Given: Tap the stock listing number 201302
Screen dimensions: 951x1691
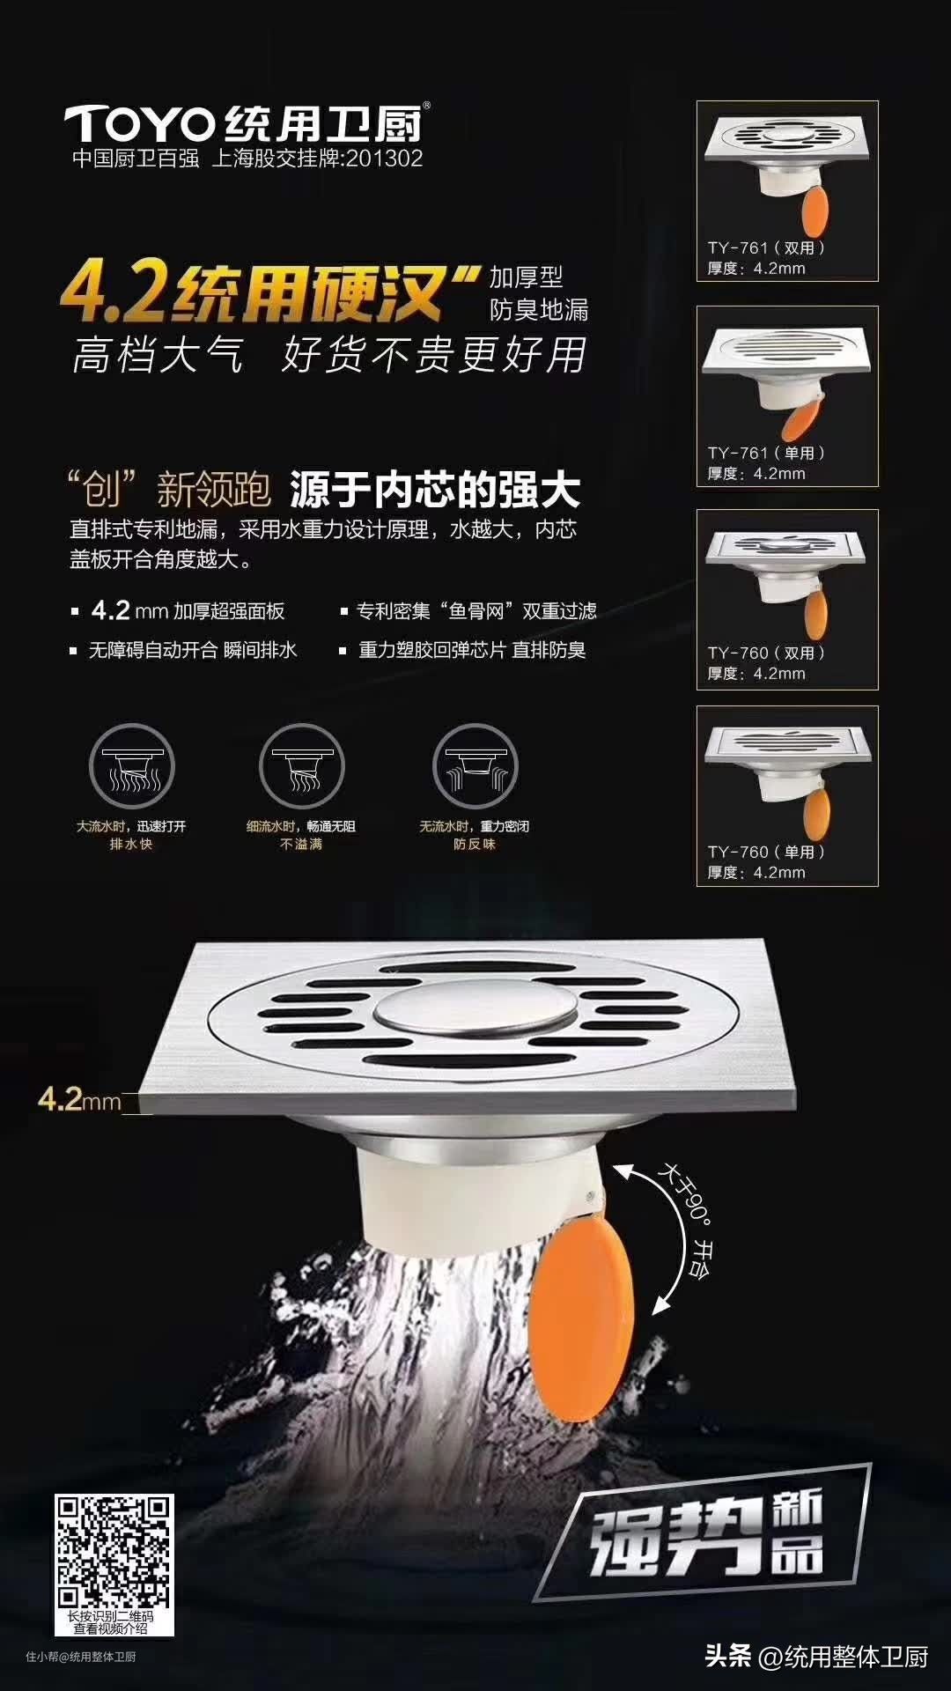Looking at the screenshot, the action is tap(384, 159).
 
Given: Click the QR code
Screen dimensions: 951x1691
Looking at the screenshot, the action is tap(114, 1551).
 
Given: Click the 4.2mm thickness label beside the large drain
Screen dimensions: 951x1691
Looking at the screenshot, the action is tap(79, 1099).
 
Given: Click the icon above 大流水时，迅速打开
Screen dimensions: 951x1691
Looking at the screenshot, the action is tap(132, 766).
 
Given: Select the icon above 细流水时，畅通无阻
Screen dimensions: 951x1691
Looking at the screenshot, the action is tap(302, 766).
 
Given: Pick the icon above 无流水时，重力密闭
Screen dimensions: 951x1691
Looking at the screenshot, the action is tap(475, 766).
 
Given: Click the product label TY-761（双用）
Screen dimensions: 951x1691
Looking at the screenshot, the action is tap(766, 248).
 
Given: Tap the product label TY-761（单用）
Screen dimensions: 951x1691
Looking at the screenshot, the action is tap(766, 454).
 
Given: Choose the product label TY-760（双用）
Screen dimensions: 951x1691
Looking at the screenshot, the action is tap(766, 654).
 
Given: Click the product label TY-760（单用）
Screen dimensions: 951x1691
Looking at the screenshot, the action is tap(766, 853).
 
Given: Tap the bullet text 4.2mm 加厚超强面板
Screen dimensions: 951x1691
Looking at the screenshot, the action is tap(188, 610).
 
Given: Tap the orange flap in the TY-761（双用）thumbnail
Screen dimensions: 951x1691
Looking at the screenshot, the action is tap(815, 211).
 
